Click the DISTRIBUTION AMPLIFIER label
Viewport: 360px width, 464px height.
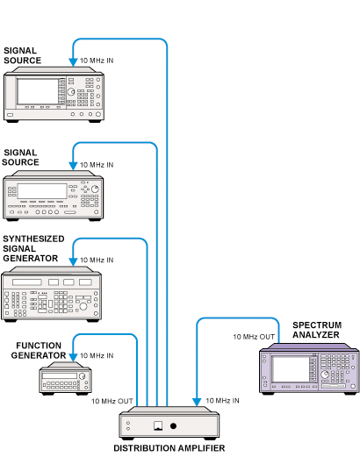(x=169, y=448)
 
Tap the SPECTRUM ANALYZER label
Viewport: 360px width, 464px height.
(x=317, y=330)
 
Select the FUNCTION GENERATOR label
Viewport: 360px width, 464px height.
(x=39, y=350)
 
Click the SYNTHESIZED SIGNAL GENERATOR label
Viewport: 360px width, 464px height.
(x=33, y=248)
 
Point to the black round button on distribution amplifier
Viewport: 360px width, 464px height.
(x=173, y=425)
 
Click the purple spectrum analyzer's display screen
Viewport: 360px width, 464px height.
(x=291, y=369)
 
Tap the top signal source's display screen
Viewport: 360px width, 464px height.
(x=38, y=91)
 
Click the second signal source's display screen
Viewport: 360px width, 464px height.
(x=42, y=191)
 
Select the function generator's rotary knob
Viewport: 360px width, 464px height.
(x=82, y=376)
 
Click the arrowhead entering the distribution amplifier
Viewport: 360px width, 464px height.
(x=197, y=402)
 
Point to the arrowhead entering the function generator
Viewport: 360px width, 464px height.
(x=73, y=357)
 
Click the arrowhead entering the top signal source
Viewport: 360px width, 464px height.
(x=73, y=62)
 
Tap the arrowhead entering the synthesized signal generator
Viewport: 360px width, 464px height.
(x=73, y=261)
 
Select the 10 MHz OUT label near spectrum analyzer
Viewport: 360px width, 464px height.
(x=254, y=337)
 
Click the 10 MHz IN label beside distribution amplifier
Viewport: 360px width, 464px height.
(x=222, y=401)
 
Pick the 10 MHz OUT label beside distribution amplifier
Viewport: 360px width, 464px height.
(x=112, y=401)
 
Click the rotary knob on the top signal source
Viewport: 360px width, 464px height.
(x=71, y=92)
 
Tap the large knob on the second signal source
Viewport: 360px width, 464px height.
(x=95, y=189)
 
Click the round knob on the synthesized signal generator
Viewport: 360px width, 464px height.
(x=83, y=306)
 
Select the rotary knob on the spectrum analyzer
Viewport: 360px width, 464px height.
(x=325, y=375)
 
